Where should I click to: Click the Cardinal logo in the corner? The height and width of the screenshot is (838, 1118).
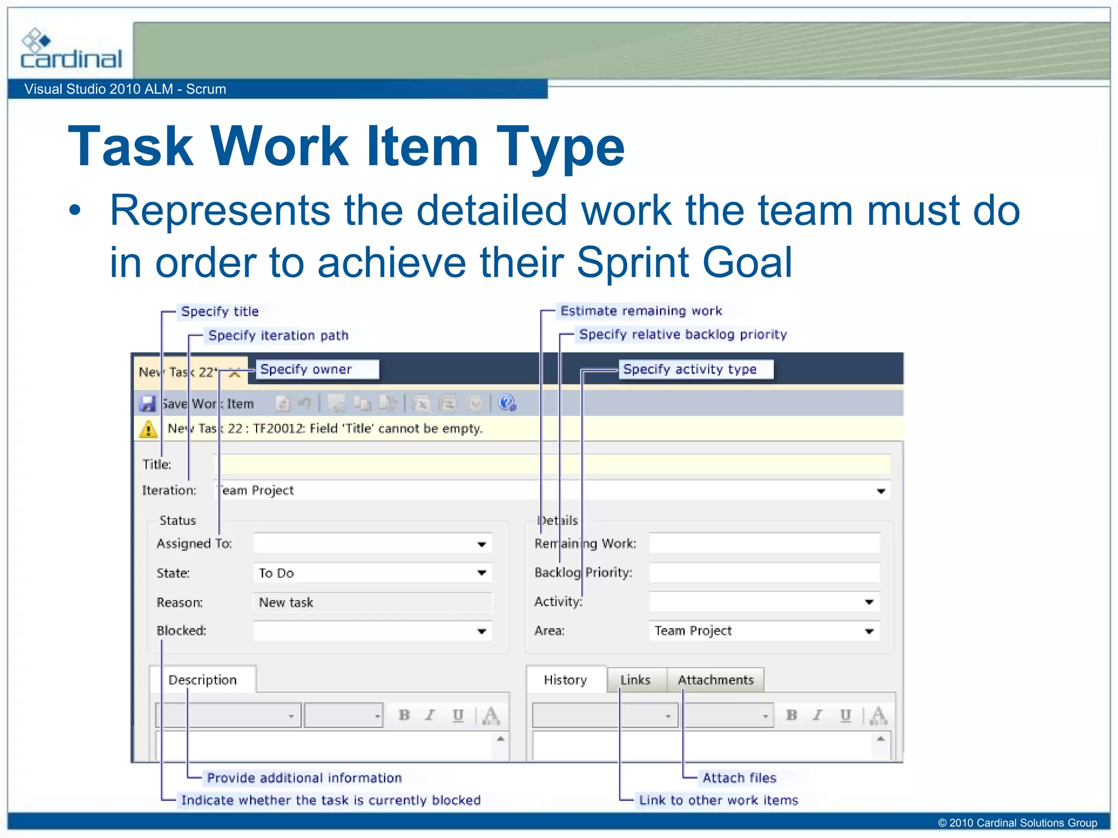pos(70,50)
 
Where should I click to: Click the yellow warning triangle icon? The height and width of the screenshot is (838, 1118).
pos(148,429)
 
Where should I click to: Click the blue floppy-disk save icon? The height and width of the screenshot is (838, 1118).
pos(147,404)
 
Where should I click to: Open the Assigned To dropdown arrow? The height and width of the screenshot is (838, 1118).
pos(481,544)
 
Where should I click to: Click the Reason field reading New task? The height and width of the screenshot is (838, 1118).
pos(371,602)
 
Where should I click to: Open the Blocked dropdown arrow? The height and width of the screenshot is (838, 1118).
pos(481,631)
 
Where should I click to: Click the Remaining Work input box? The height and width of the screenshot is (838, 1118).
pos(764,543)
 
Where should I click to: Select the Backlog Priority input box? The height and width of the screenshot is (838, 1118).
pos(764,573)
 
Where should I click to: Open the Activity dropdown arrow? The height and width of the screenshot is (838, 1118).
pos(869,602)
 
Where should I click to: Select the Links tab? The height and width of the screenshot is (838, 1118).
pos(635,680)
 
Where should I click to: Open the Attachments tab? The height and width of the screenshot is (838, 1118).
pos(715,680)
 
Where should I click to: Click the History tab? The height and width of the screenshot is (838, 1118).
pos(566,680)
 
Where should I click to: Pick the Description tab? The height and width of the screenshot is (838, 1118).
pos(203,680)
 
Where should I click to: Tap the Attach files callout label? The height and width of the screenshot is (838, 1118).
pos(739,777)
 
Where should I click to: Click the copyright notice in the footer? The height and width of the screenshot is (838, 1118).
pos(1017,823)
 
